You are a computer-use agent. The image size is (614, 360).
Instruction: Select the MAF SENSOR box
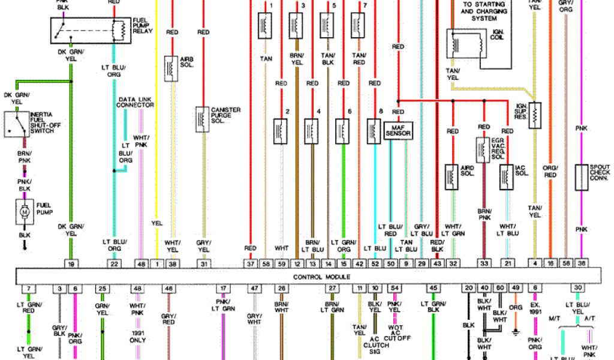(x=398, y=130)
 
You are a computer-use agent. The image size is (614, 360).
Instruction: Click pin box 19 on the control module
(x=71, y=263)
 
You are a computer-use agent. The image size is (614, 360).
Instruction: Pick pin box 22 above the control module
(x=113, y=263)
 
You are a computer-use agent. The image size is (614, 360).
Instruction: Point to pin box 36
(x=581, y=263)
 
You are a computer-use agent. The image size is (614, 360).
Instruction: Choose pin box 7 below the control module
(x=28, y=289)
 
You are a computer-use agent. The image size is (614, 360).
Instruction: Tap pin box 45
(x=432, y=289)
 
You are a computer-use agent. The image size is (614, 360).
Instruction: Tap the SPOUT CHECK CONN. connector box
(x=581, y=177)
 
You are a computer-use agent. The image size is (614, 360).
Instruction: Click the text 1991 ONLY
(x=137, y=337)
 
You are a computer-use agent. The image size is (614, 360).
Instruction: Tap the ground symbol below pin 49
(x=515, y=331)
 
